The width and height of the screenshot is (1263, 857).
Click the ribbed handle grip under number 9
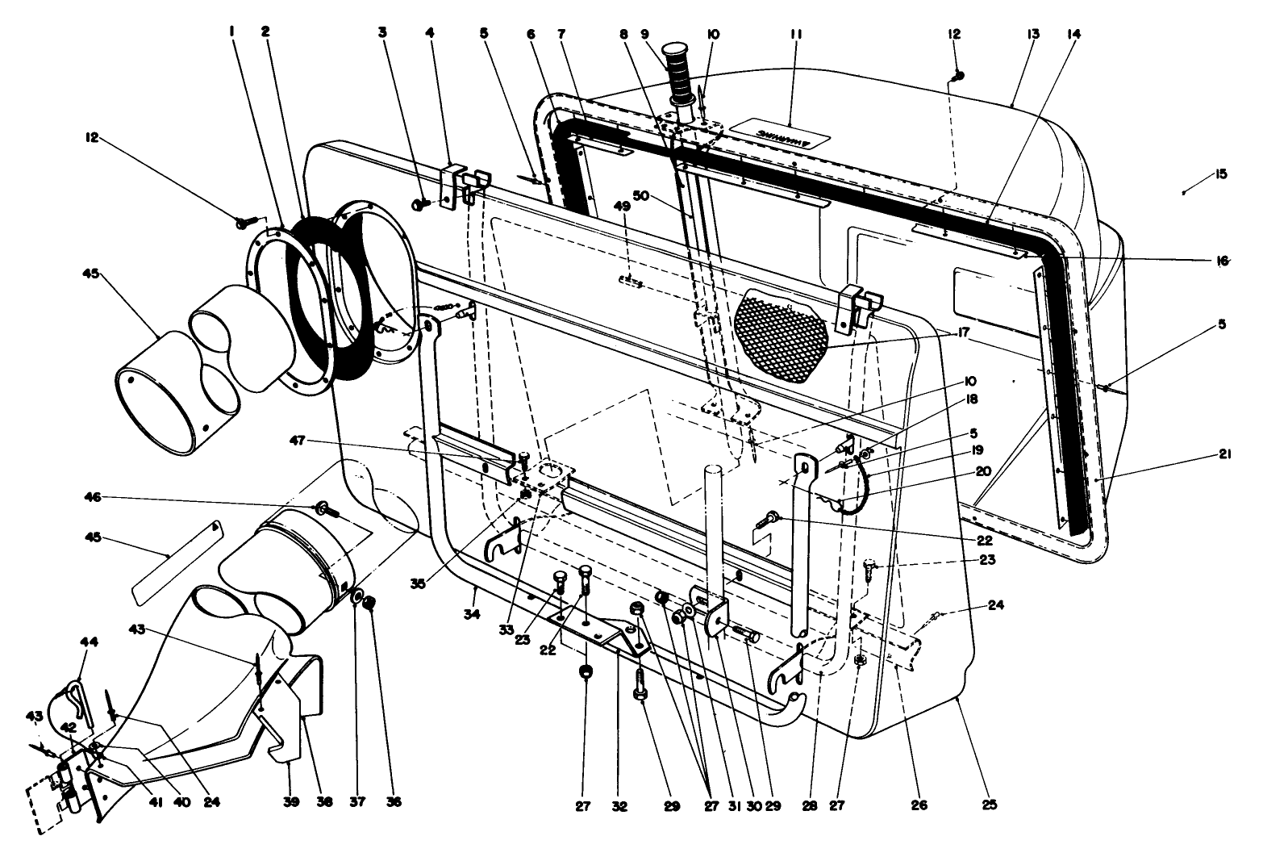coord(679,73)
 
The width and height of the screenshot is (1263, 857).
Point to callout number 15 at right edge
coord(1220,174)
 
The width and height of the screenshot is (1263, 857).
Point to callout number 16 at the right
coord(1223,260)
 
